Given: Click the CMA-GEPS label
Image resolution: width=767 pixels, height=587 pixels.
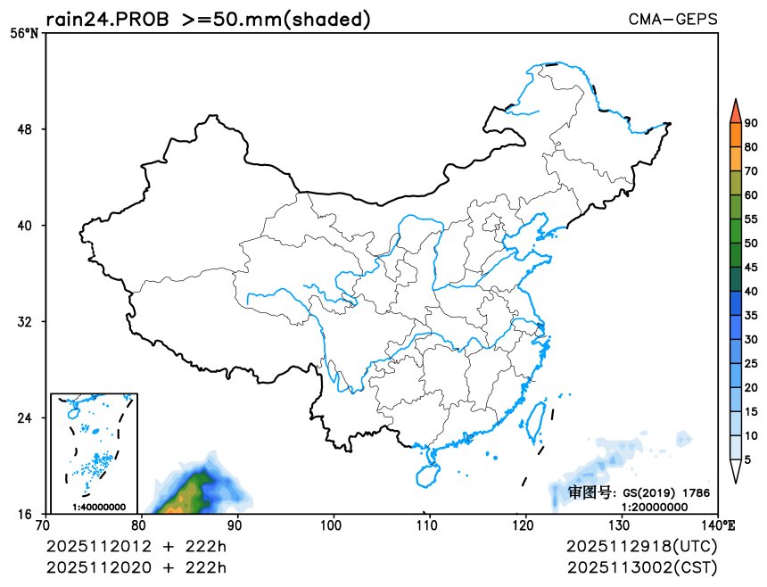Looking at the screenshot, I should click(672, 19).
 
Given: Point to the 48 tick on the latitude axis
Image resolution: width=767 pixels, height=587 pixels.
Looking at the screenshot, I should click(26, 129).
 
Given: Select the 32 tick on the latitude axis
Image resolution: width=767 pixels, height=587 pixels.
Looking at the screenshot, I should click(26, 322).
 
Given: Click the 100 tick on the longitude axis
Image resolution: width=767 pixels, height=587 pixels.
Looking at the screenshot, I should click(333, 525).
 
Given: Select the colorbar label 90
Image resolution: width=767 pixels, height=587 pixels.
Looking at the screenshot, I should click(751, 124).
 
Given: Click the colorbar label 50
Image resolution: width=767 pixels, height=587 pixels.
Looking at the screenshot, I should click(751, 243).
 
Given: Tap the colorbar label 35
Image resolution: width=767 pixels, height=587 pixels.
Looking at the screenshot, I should click(751, 315).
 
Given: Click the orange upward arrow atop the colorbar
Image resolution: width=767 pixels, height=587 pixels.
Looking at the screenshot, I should click(735, 111).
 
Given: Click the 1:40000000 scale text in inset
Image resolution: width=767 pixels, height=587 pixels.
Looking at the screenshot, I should click(96, 508).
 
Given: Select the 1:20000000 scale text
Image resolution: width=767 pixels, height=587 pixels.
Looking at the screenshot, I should click(655, 506).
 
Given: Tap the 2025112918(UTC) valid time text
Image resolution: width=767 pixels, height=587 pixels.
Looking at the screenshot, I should click(641, 545).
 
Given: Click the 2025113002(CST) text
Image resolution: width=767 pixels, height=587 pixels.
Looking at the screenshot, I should click(641, 567).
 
